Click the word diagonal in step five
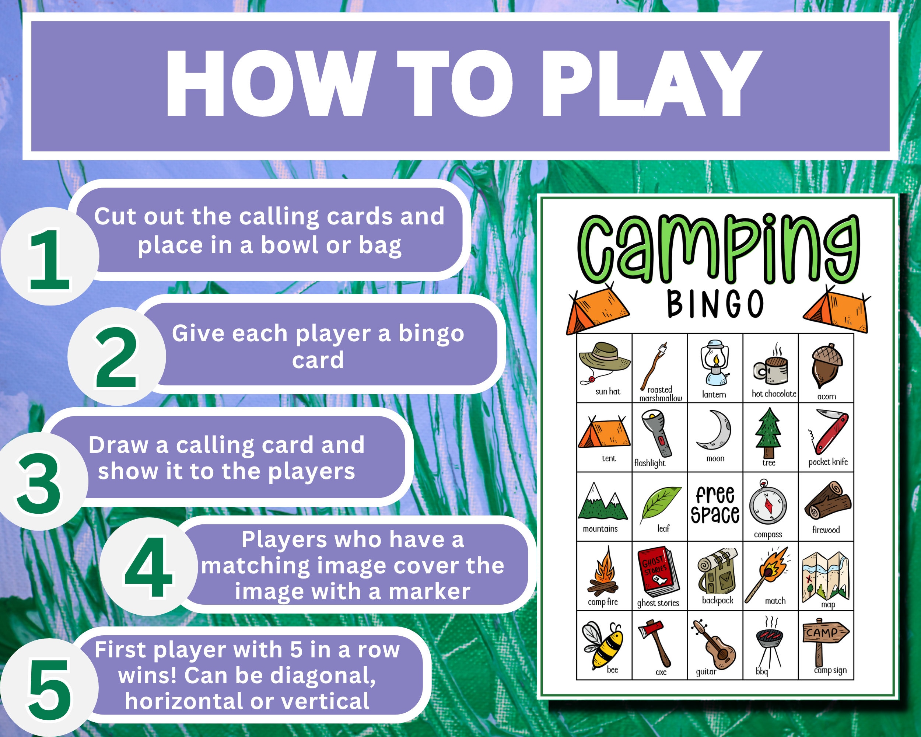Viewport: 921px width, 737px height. (322, 675)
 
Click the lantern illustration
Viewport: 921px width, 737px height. (714, 363)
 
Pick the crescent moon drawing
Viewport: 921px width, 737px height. (714, 430)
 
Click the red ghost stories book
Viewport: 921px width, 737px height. (658, 571)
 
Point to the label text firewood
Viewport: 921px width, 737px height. (826, 530)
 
